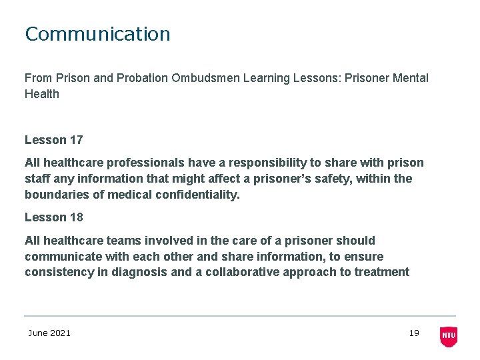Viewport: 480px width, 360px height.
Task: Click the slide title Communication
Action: point(97,34)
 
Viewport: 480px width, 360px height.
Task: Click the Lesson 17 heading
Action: point(53,140)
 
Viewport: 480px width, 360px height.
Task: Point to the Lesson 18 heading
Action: point(53,217)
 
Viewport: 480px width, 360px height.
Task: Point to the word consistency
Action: point(58,272)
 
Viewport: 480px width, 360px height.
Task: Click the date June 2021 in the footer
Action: point(49,333)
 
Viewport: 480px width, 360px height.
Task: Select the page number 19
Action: point(414,333)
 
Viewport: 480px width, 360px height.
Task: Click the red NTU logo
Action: point(449,336)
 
